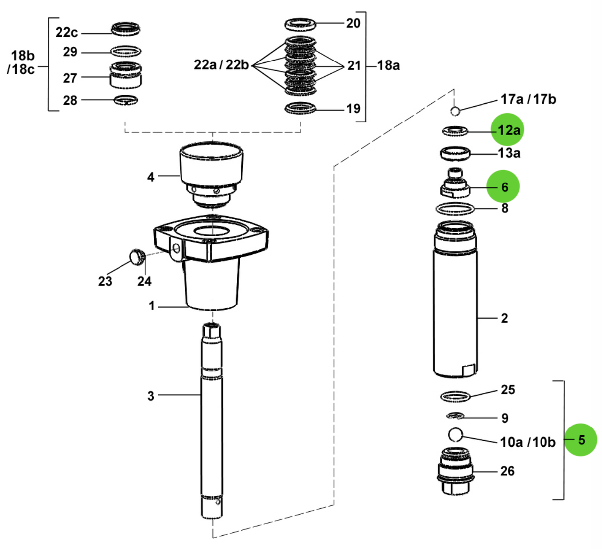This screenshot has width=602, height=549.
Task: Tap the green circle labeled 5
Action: coord(581,440)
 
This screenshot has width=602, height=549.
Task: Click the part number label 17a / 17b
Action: coord(528,99)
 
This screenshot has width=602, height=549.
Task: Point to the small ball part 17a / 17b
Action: coord(455,110)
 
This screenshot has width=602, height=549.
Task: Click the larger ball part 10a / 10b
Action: coord(455,434)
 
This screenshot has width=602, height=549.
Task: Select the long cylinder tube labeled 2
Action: coord(455,307)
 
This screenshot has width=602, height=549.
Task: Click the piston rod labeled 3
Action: coord(212,422)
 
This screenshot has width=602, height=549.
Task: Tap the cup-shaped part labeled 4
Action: coord(212,164)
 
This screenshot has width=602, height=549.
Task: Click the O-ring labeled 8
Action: coord(455,208)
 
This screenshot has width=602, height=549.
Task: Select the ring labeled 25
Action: coord(455,396)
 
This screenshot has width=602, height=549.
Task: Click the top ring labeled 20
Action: coord(301,24)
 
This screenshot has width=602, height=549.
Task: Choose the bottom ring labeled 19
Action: coord(301,108)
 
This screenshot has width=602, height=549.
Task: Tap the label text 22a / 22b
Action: coord(221,65)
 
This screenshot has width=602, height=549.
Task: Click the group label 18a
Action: coord(388,65)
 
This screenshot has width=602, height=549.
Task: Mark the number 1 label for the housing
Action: coord(152,306)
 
